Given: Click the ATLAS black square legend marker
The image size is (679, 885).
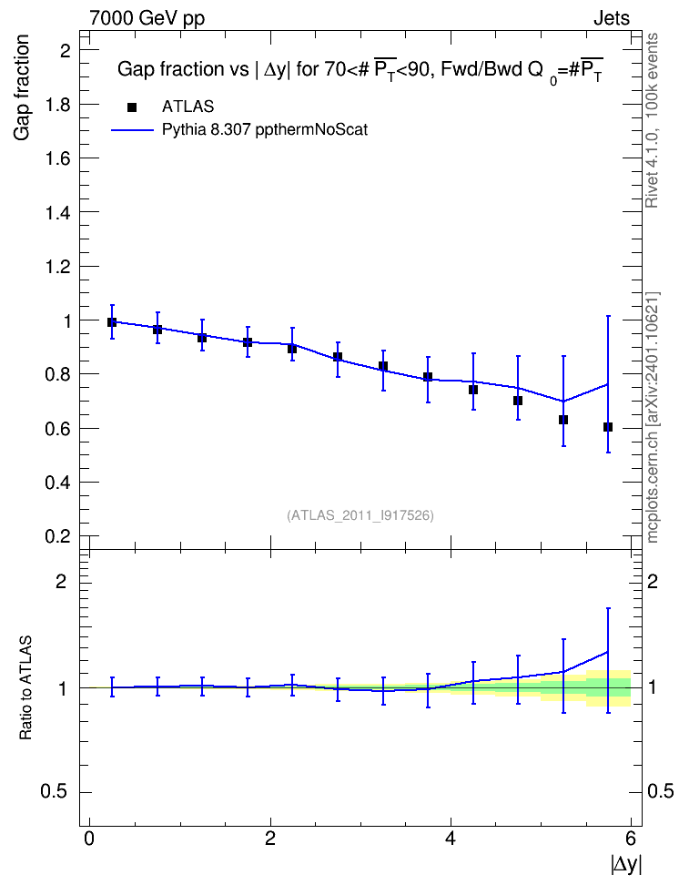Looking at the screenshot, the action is (x=132, y=107).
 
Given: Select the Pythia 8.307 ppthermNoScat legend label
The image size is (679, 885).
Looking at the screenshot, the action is (x=265, y=130).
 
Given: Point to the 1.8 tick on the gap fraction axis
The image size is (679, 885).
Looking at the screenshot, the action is (x=57, y=105).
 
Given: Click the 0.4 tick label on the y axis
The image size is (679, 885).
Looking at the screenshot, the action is (x=57, y=483).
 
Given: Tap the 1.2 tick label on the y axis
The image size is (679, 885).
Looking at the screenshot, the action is (x=57, y=267).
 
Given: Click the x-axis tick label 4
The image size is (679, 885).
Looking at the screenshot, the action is (x=451, y=838).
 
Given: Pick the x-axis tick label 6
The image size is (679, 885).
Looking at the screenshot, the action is (x=631, y=838).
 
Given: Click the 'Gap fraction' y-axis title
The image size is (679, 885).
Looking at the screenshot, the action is (x=22, y=87).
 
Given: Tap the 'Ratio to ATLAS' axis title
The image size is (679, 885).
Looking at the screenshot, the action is (x=25, y=687).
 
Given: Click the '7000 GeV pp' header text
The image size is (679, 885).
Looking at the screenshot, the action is (x=147, y=18).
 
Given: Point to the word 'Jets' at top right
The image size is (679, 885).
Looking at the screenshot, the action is (x=612, y=18).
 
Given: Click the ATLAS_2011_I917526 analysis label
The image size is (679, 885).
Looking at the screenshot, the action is (x=360, y=515).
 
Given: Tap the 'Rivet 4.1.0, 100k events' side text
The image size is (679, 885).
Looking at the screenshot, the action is (x=652, y=120).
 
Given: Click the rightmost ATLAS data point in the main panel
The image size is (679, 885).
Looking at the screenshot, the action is (x=608, y=427).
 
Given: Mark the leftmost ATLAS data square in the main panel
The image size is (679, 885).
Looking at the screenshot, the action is (x=112, y=322).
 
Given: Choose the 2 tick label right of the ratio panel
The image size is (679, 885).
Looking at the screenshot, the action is (x=652, y=581).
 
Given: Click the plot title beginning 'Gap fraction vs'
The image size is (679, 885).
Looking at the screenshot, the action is (x=360, y=70).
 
